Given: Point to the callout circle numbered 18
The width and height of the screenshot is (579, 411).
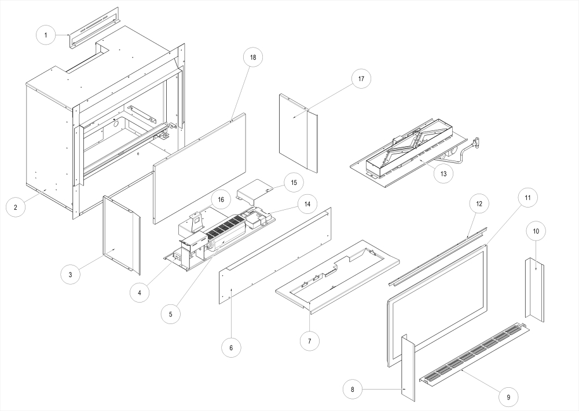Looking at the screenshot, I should [253, 57].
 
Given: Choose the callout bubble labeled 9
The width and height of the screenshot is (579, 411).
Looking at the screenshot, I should [508, 397].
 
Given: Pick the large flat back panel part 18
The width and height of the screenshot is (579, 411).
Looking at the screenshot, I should [200, 168].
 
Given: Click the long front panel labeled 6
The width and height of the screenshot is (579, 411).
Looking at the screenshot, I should [275, 255].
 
